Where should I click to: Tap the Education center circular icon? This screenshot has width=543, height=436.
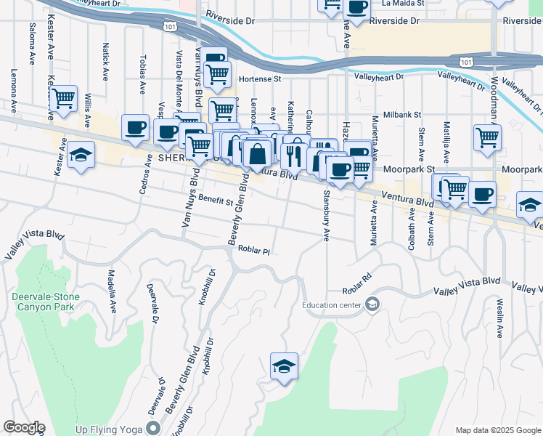tap(372, 304)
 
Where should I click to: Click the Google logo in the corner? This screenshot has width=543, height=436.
tap(23, 427)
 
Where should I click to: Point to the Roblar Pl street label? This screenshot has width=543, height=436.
tap(254, 251)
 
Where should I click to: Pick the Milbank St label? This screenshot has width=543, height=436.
tap(402, 115)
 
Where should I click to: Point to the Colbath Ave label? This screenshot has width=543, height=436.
tap(412, 225)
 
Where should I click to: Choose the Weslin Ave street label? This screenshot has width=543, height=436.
tap(500, 320)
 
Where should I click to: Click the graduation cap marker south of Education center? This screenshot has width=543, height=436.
tap(284, 366)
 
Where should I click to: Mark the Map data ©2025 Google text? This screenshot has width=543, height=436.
tap(497, 429)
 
